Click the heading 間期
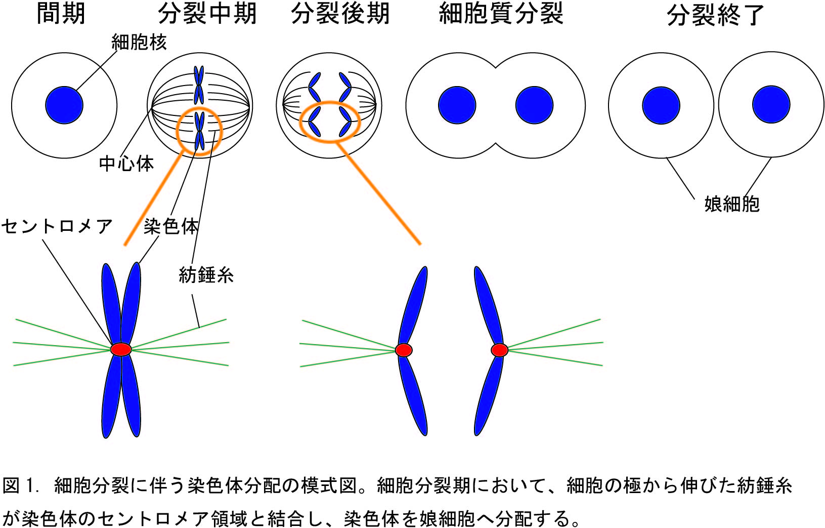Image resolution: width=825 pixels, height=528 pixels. pos(61,14)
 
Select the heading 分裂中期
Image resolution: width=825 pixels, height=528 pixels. pos(207,14)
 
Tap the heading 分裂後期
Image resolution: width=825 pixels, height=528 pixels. pos(340,14)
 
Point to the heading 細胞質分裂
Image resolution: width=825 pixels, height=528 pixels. pos(501,14)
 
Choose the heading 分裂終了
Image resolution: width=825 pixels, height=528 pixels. pos(715,15)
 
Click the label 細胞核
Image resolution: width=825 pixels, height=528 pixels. pos(139,43)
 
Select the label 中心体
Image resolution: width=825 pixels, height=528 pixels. pos(126,164)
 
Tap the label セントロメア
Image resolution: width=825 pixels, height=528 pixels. pos(57,226)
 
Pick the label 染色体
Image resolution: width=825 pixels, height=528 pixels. pos(171,226)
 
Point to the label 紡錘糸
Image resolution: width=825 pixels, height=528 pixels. pos(206,275)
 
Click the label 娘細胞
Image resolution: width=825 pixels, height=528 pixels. pos(732,204)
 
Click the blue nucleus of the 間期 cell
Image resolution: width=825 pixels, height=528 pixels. pos(64,105)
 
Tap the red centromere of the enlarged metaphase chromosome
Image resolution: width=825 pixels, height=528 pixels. pos(121,349)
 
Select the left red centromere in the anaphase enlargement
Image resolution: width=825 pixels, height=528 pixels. pos(404,350)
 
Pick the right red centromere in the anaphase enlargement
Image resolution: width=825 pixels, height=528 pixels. pos(499,350)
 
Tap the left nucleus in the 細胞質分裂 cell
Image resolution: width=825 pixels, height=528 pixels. pos(457,105)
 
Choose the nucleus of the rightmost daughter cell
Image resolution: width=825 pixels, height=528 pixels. pos(771,105)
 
